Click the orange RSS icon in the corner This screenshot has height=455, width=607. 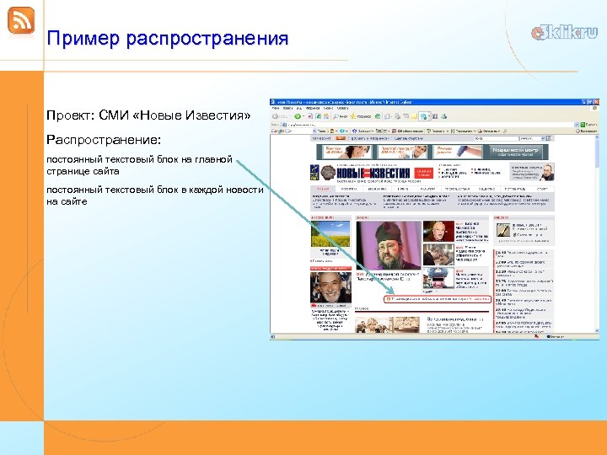(21, 21)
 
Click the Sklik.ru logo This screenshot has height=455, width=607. (564, 33)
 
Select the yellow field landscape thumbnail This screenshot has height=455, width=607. (330, 233)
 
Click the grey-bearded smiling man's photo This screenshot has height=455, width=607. (330, 286)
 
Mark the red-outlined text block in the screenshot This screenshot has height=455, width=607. (438, 298)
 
